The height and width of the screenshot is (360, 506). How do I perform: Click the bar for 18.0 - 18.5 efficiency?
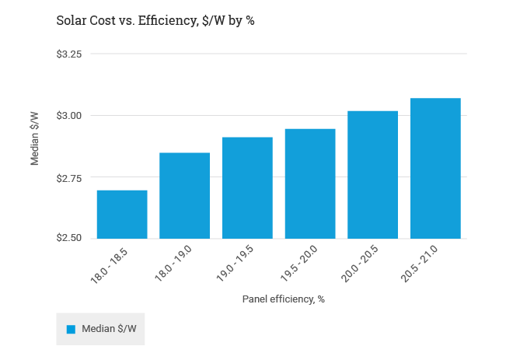pyautogui.click(x=122, y=214)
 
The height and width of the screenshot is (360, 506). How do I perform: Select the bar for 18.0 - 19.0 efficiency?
pyautogui.click(x=184, y=195)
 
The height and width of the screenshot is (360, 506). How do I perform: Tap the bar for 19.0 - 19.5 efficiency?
pyautogui.click(x=247, y=187)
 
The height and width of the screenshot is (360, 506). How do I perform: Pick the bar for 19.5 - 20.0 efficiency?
pyautogui.click(x=310, y=183)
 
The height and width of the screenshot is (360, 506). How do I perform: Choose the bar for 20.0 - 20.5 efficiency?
pyautogui.click(x=372, y=174)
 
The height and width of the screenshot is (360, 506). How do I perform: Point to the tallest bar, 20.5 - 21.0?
pyautogui.click(x=435, y=168)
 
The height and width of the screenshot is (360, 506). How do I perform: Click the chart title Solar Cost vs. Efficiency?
pyautogui.click(x=155, y=21)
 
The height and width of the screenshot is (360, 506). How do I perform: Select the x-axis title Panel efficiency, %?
pyautogui.click(x=283, y=299)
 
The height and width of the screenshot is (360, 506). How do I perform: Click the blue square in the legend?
pyautogui.click(x=71, y=329)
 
